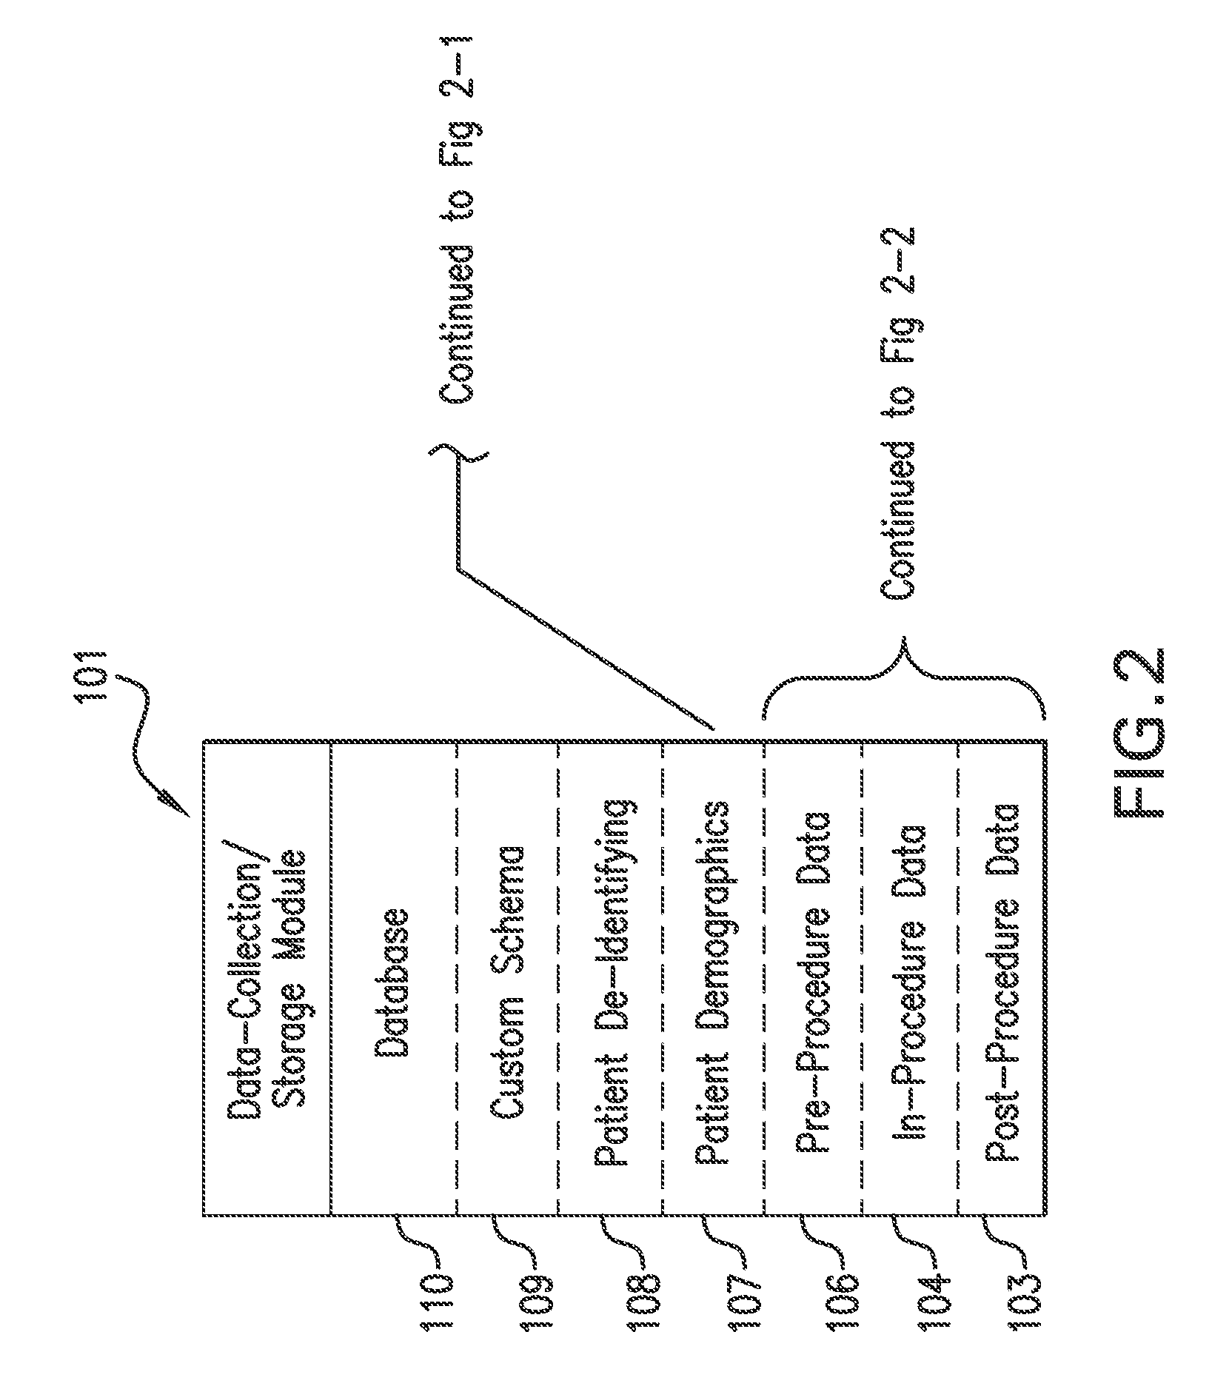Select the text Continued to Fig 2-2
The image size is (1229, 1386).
[x=898, y=410]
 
